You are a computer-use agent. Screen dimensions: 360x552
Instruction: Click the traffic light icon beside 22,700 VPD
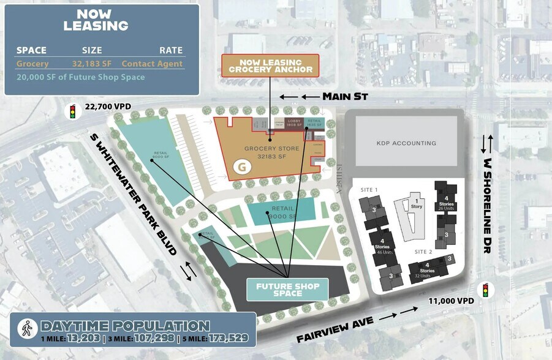pos(73,112)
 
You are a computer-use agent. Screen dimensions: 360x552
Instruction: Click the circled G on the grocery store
pos(243,166)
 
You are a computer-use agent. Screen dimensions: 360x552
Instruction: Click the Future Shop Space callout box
pos(287,289)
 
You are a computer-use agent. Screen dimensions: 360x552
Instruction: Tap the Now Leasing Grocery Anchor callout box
pos(270,66)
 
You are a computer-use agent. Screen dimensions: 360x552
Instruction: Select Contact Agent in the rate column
pos(152,63)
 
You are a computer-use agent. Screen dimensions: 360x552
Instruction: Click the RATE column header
pos(171,50)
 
